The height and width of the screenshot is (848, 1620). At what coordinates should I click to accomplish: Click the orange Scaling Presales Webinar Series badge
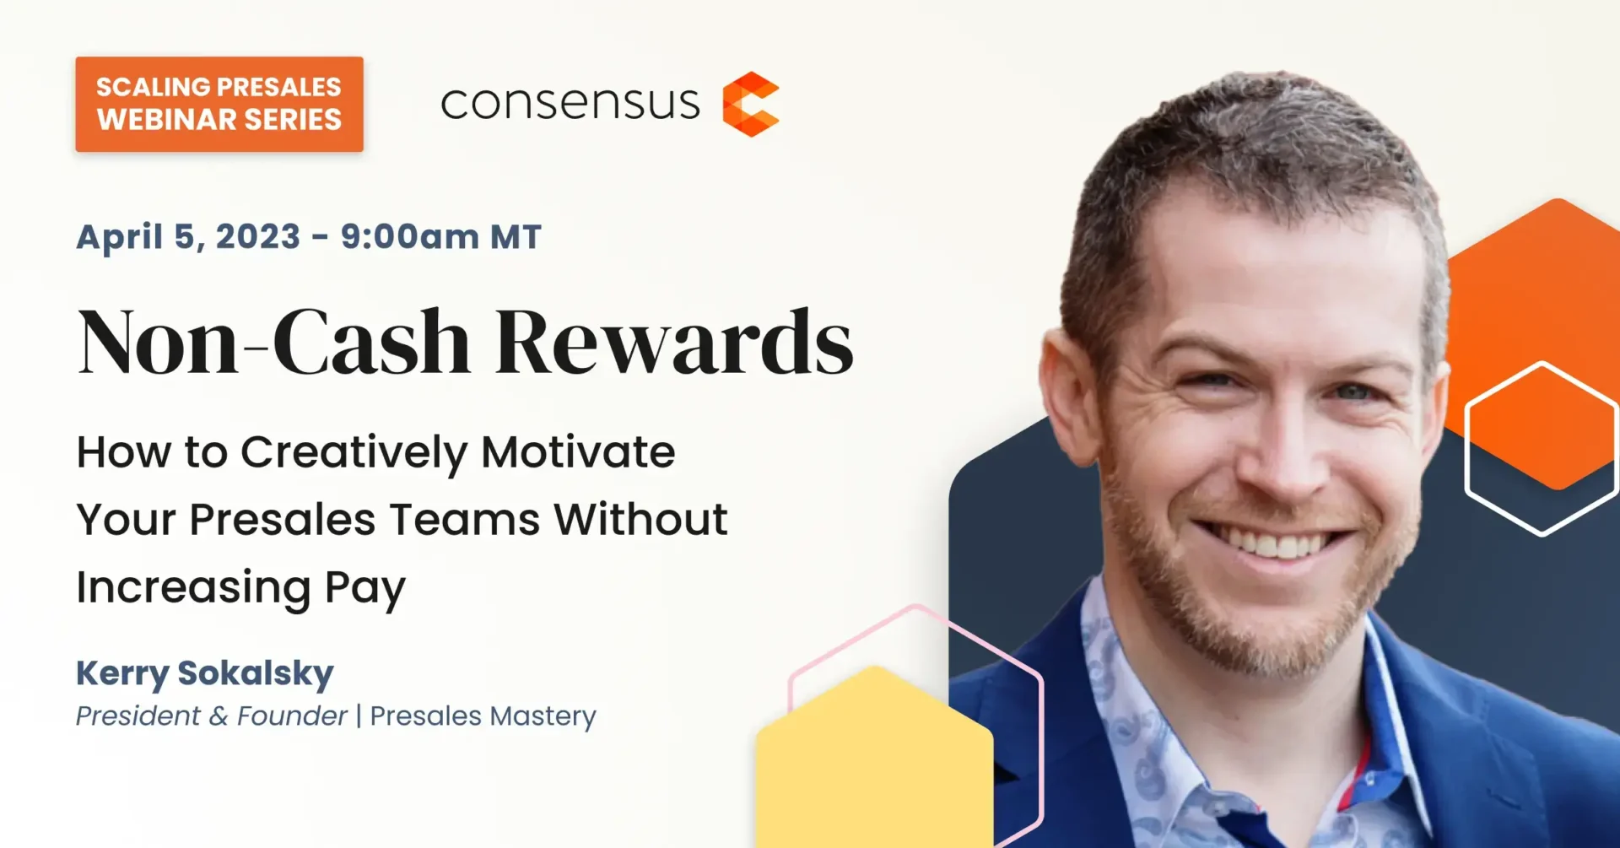(219, 104)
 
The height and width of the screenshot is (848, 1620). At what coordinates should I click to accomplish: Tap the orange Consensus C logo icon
(751, 104)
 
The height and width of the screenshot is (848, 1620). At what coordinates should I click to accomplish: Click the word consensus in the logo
(570, 104)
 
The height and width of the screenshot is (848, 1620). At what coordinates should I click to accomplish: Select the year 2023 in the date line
(258, 237)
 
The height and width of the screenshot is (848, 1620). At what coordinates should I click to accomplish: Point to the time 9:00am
(410, 237)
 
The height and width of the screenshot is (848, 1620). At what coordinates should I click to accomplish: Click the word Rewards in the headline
(674, 342)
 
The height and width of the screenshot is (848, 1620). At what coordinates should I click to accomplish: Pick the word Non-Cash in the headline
(273, 342)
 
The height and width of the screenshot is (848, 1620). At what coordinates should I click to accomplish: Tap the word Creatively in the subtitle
(354, 454)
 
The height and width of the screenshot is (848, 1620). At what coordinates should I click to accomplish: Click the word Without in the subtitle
(641, 519)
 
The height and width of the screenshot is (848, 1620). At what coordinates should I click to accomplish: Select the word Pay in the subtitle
(364, 589)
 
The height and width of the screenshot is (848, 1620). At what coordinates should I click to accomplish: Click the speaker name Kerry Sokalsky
(205, 674)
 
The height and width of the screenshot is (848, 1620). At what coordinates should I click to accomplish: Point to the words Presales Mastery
(483, 716)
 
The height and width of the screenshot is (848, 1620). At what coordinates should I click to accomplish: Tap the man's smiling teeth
(1276, 543)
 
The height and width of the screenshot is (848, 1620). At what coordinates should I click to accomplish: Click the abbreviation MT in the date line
(516, 237)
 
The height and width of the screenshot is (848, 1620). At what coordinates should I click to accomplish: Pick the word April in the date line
(118, 238)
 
